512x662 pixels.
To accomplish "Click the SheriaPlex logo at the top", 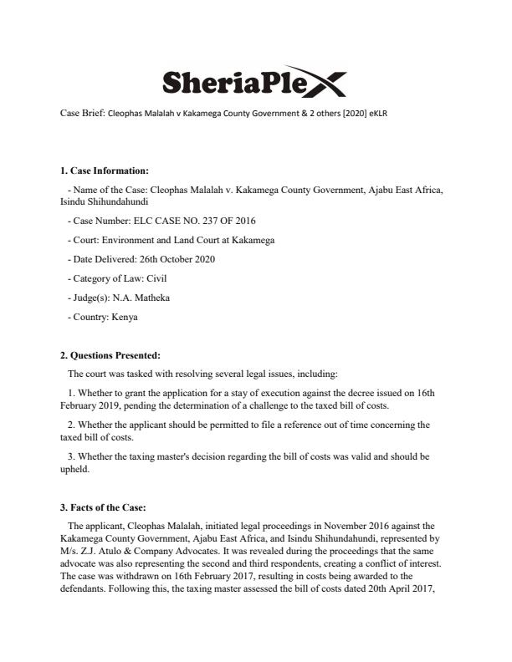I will tap(252, 81).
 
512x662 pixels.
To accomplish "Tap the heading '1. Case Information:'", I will tap(104, 171).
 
